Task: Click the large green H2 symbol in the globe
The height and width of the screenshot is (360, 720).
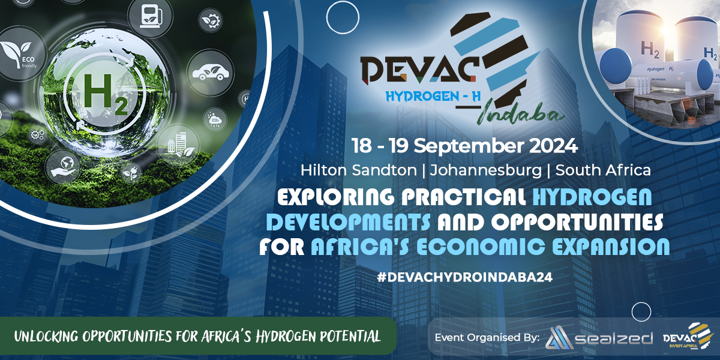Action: (x=106, y=95)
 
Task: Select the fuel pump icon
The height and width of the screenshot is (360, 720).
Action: (x=150, y=17)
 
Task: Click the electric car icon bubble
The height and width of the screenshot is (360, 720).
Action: (x=211, y=73)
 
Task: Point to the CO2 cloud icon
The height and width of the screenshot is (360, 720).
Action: (x=215, y=119)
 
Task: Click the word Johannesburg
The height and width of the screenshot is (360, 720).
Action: (x=485, y=170)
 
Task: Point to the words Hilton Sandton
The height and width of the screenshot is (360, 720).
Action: (x=358, y=170)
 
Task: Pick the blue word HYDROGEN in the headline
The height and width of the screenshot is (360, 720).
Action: (x=592, y=196)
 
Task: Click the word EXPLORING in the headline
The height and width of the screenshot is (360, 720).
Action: (x=335, y=196)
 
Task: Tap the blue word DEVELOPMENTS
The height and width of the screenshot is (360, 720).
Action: (x=349, y=221)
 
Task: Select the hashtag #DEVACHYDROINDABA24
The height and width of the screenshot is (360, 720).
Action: (x=465, y=277)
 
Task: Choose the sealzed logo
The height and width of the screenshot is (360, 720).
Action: (x=599, y=337)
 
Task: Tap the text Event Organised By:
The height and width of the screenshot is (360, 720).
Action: (x=487, y=337)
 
